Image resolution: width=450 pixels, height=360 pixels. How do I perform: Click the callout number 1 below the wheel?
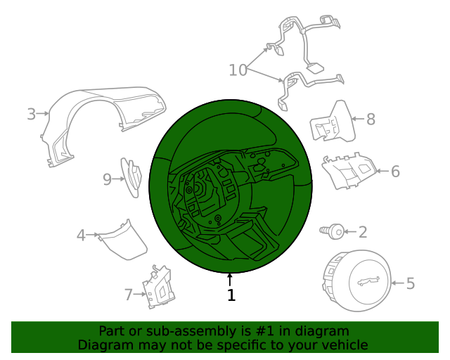click(231, 295)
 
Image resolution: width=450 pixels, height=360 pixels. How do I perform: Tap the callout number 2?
click(363, 232)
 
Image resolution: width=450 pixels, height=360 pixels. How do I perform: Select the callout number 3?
click(31, 114)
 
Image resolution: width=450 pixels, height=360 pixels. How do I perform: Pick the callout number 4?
click(81, 236)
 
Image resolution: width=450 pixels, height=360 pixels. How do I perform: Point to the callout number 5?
click(411, 283)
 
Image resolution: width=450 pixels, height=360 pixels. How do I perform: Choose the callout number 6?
click(395, 172)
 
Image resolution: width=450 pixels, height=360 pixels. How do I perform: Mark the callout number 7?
click(128, 295)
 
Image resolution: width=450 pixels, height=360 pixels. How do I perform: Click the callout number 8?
click(371, 119)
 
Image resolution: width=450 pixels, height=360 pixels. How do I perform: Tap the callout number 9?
click(107, 179)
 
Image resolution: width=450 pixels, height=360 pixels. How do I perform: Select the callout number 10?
click(238, 70)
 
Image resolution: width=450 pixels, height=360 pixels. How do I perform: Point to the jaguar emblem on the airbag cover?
click(368, 281)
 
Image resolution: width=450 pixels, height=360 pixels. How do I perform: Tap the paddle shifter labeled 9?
click(131, 178)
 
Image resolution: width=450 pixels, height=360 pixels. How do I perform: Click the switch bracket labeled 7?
click(159, 287)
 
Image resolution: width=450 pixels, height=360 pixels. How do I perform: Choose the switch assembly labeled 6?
click(349, 171)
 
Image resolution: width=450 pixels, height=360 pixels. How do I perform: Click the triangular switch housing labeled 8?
click(333, 122)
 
